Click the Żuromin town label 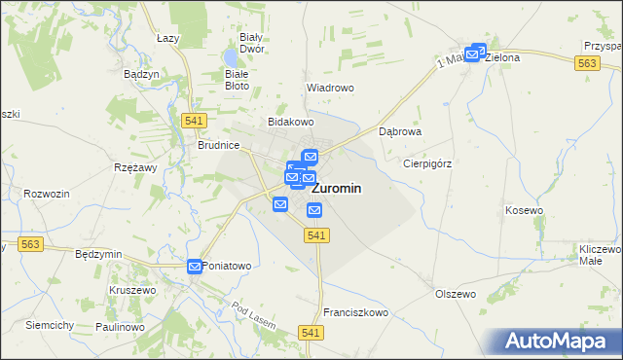point(341,189)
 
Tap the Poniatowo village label point(227,266)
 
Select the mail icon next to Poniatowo point(195,266)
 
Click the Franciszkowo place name point(356,313)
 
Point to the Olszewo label point(455,293)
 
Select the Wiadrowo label point(330,88)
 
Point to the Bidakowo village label point(291,123)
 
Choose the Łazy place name point(170,37)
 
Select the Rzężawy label point(135,167)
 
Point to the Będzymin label point(98,254)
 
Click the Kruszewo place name point(132,290)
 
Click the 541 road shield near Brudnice point(192,119)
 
